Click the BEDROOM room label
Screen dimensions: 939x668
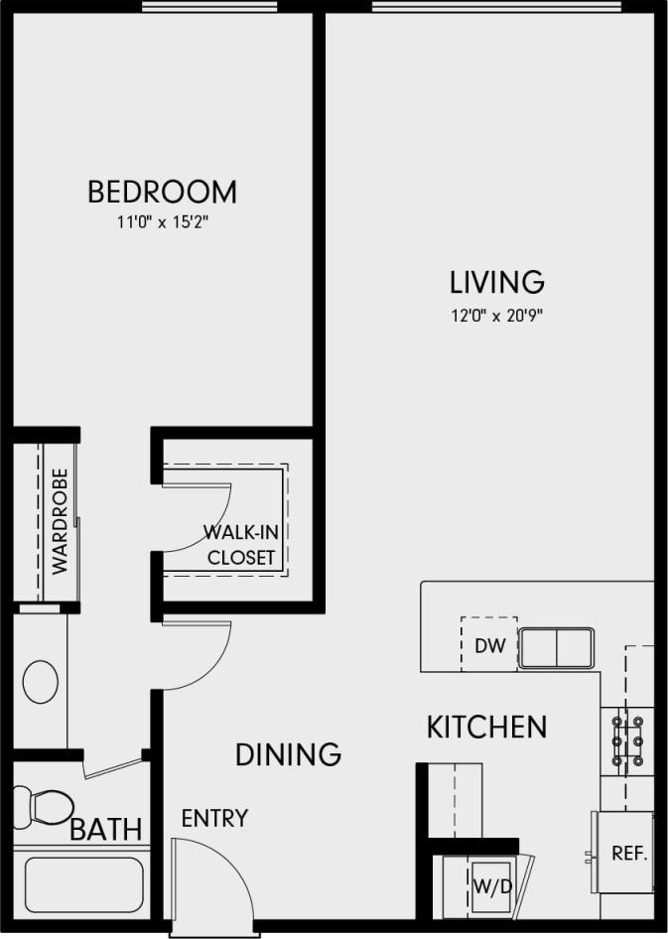162,191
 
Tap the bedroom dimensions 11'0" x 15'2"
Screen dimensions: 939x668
162,222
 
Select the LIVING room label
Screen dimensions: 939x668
496,283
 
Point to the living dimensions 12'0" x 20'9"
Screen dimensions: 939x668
496,317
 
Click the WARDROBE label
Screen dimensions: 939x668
60,520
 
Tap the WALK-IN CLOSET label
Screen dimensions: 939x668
240,544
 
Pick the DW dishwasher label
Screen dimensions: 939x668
490,646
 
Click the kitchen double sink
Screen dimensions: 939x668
557,648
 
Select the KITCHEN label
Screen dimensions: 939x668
486,727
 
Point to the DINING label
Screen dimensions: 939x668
288,754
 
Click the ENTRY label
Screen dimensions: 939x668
214,819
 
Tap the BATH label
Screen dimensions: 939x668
106,829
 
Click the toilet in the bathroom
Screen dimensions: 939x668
45,805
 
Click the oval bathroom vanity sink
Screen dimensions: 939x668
42,682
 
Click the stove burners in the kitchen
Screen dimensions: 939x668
626,742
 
